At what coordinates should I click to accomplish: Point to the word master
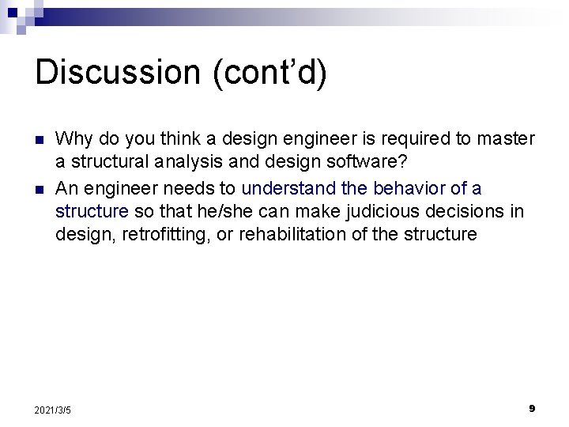pyautogui.click(x=507, y=139)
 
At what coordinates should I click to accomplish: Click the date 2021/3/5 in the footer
pyautogui.click(x=53, y=410)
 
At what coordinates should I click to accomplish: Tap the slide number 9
pyautogui.click(x=532, y=408)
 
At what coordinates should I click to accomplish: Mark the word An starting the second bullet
pyautogui.click(x=66, y=189)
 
